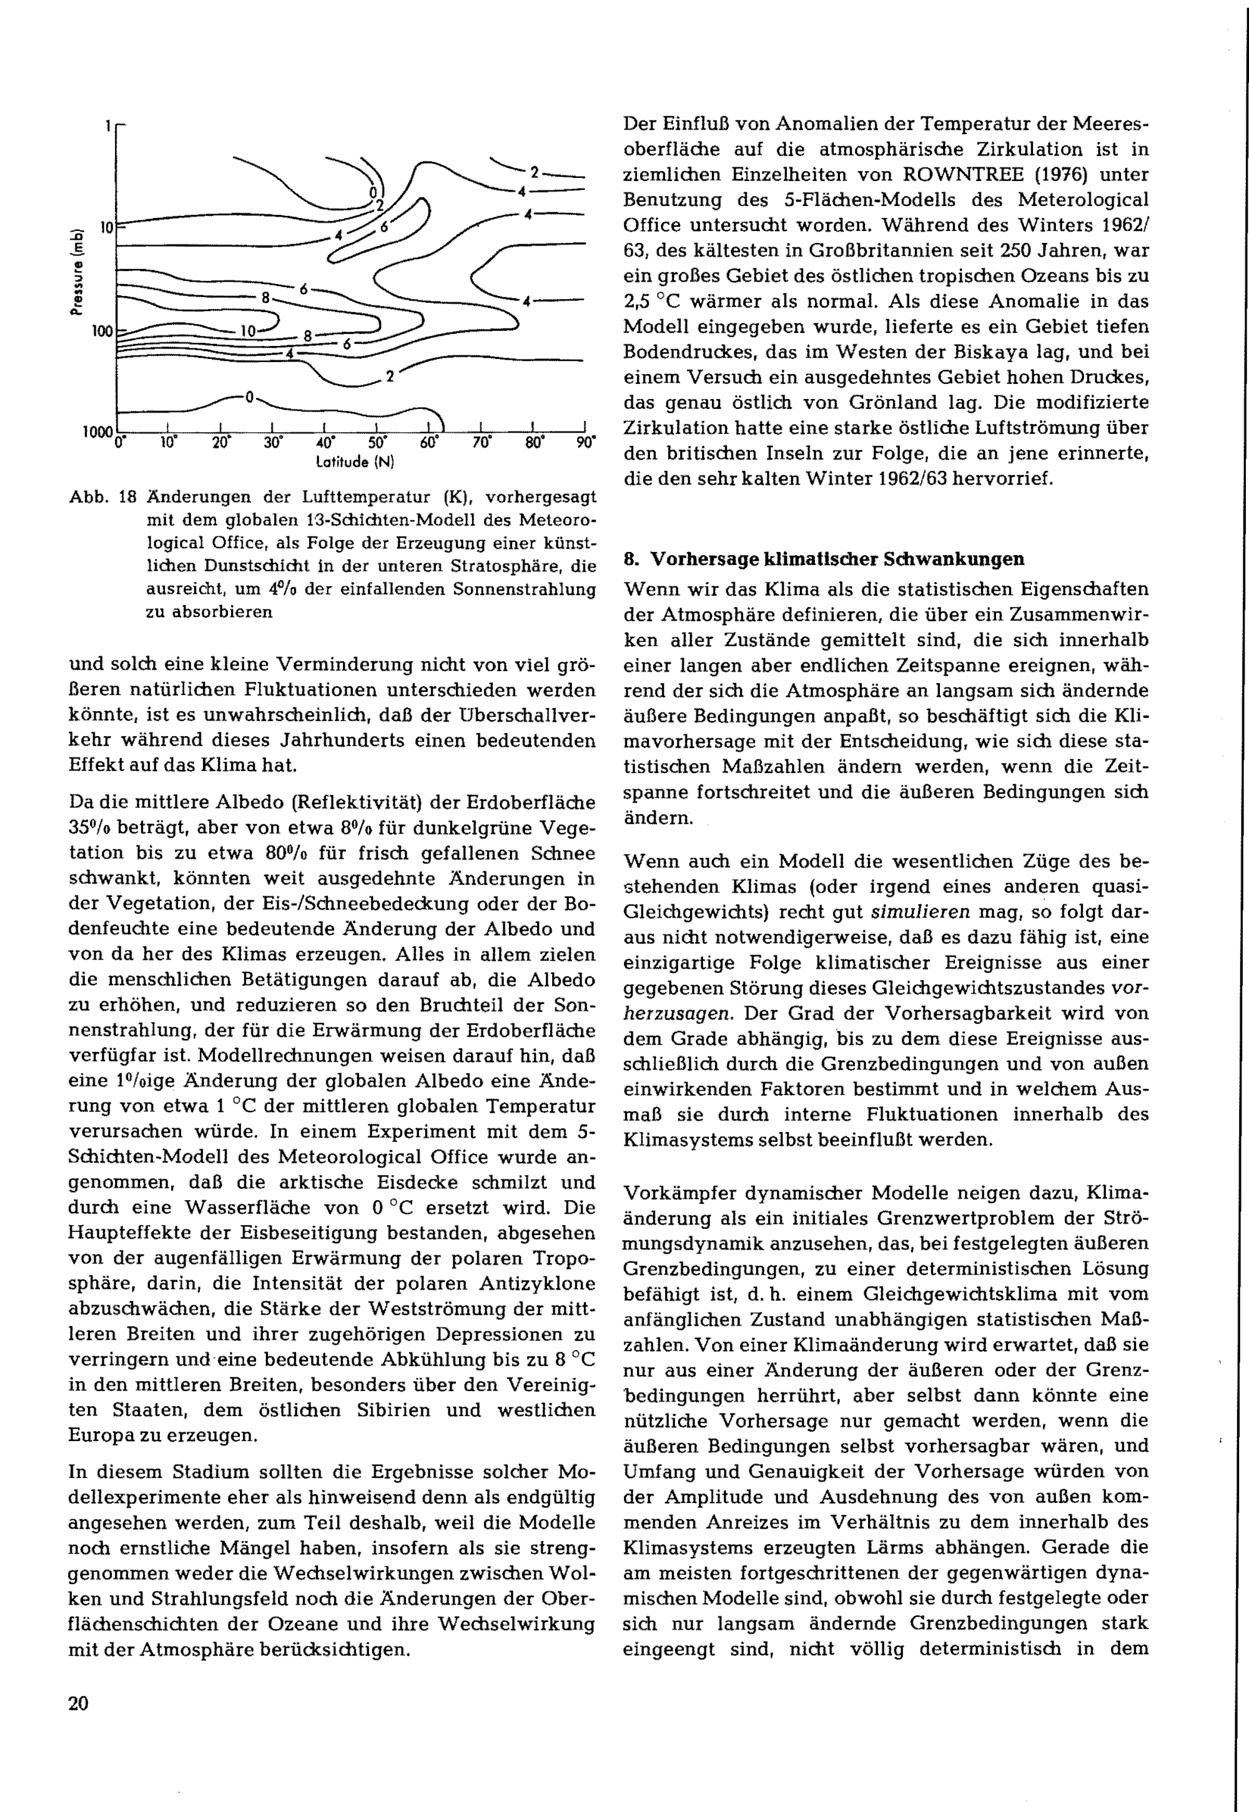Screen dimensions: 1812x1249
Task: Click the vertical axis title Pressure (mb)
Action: (x=76, y=272)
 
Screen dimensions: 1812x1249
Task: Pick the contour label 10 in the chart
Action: (x=247, y=331)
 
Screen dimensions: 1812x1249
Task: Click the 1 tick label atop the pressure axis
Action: (x=109, y=124)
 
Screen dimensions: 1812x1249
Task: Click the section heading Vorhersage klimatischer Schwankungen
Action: (x=837, y=559)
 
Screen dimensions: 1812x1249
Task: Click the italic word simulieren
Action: (x=921, y=912)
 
